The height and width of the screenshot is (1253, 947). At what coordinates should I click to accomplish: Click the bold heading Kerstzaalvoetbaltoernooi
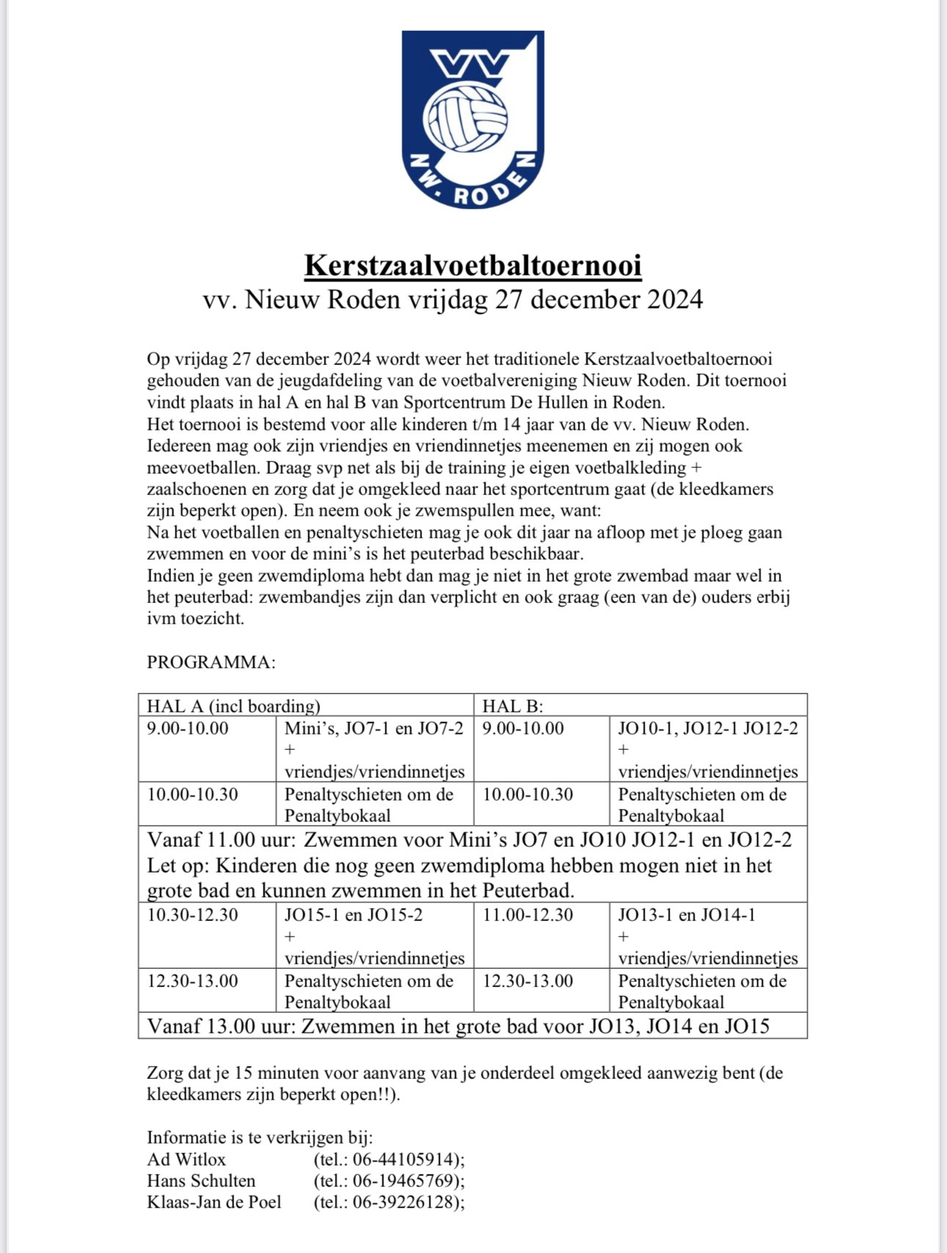pos(473,265)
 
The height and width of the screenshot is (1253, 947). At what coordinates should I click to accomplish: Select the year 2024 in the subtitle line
pos(675,300)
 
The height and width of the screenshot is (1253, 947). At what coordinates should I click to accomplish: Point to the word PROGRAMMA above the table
pos(211,662)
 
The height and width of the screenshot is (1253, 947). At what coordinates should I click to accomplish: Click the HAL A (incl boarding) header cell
pos(233,706)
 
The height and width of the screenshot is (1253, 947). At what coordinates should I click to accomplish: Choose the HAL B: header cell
pos(512,706)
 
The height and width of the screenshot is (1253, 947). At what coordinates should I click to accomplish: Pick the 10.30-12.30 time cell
pos(192,915)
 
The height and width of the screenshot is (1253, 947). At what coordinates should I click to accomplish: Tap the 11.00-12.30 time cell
pos(528,915)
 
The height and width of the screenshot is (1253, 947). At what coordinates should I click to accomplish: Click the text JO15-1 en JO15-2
pos(353,915)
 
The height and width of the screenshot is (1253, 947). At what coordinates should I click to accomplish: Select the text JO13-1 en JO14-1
pos(686,915)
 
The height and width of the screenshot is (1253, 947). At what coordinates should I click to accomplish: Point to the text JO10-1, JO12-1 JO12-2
pos(708,729)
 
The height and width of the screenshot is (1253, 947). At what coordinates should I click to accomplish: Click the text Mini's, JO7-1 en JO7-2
pos(374,729)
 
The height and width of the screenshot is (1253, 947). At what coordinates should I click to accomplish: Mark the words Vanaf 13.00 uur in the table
pos(221,1026)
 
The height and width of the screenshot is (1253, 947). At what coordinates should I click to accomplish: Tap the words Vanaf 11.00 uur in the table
pos(221,839)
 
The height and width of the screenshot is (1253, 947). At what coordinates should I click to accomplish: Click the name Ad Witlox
pos(186,1159)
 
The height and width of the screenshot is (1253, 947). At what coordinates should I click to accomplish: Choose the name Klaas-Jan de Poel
pos(214,1202)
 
